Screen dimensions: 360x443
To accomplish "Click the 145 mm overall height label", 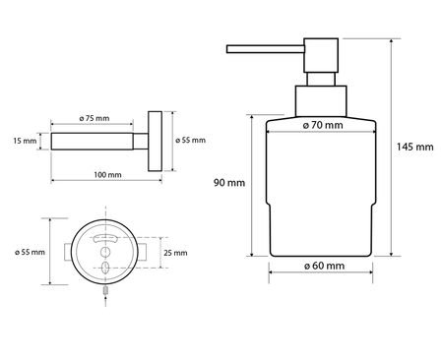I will (x=414, y=148).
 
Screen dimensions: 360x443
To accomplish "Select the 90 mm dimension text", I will (x=227, y=183).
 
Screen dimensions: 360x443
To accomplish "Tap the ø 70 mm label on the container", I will (x=322, y=126).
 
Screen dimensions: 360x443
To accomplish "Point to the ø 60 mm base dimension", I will (x=322, y=267).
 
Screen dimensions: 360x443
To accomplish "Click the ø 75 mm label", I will (x=95, y=118).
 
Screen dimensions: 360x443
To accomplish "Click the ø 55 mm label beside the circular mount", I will (x=29, y=253).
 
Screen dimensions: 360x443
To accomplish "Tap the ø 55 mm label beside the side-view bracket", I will (x=190, y=141).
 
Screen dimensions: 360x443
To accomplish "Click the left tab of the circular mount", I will (x=70, y=253).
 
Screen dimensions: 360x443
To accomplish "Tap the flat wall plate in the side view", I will (x=154, y=141).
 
